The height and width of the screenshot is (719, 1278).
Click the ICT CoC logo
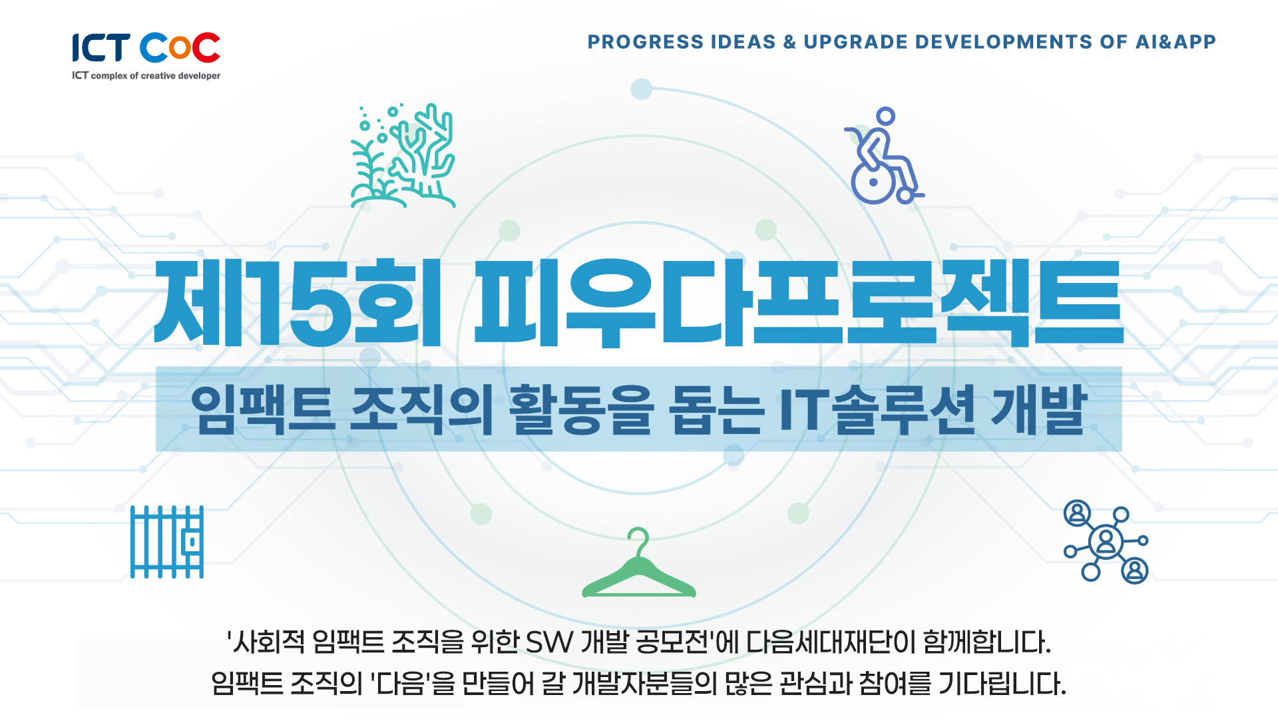point(146,57)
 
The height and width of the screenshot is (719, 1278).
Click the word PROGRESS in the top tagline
point(646,42)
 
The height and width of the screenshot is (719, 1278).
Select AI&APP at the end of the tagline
point(1175,42)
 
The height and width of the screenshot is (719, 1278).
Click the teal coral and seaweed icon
point(403,156)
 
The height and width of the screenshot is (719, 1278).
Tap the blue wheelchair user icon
point(884,156)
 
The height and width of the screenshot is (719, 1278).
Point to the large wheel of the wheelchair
point(873,182)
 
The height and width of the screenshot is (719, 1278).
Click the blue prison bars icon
point(167,542)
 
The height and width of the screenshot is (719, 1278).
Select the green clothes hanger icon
point(639,563)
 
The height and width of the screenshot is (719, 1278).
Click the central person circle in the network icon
point(1106,542)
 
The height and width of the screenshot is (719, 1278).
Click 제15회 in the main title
point(298,304)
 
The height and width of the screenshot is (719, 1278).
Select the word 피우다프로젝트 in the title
point(799,304)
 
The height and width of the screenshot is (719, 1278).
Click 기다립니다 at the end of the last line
point(1002,684)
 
